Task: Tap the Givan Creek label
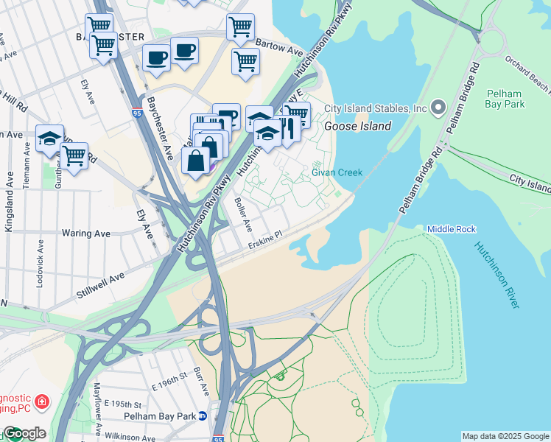[x=337, y=172]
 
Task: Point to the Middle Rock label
[x=452, y=229]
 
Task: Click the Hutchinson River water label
[x=501, y=274]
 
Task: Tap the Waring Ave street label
[x=86, y=234]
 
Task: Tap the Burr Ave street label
[x=197, y=381]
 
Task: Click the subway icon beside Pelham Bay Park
[x=211, y=416]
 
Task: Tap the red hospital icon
[x=43, y=401]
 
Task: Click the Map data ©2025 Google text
[x=505, y=436]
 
